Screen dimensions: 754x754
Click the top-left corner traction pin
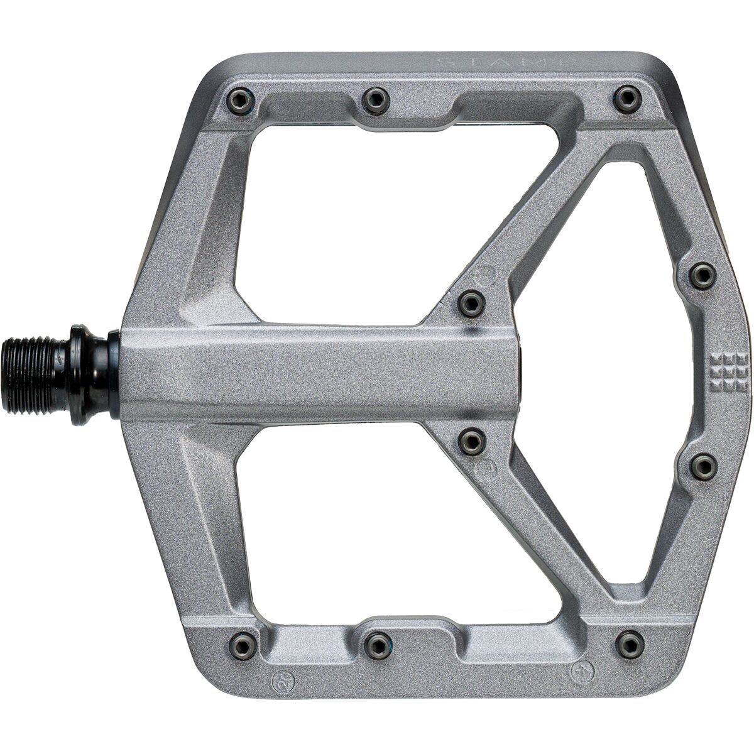point(241,100)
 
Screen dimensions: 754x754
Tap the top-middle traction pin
point(376,99)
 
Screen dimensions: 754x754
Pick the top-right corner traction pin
point(628,99)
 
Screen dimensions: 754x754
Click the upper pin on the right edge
point(702,276)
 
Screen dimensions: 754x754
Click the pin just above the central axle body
point(471,303)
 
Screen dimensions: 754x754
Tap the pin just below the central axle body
point(471,441)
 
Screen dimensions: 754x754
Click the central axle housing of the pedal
point(314,375)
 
